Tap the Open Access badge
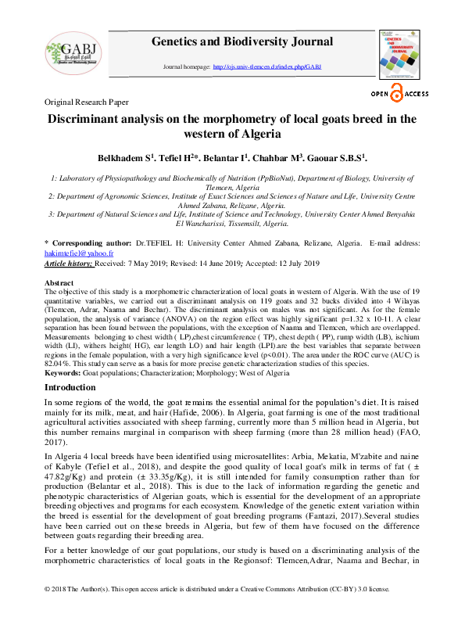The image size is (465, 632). pos(399,95)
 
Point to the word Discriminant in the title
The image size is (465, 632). pos(93,120)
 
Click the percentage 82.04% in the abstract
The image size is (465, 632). pos(59,364)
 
